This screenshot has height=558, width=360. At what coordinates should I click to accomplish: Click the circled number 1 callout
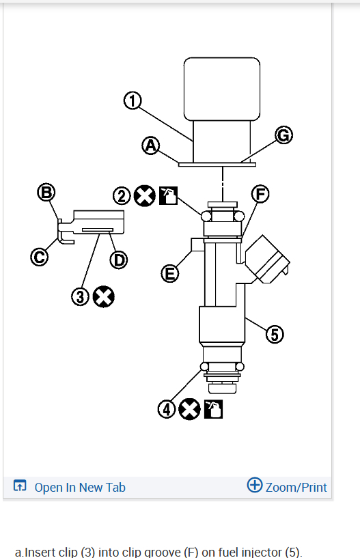click(133, 100)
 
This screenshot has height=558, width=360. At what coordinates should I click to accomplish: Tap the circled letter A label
click(150, 146)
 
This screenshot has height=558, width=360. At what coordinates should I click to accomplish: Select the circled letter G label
click(283, 135)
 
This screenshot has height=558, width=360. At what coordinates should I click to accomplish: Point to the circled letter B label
click(46, 192)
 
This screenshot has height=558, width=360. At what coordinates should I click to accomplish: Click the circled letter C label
click(39, 257)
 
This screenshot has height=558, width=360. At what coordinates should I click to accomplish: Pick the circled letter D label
click(119, 260)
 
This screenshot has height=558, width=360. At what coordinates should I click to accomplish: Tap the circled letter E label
click(170, 274)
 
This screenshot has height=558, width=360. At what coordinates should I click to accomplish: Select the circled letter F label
click(260, 194)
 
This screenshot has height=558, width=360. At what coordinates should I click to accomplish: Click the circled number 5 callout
click(275, 335)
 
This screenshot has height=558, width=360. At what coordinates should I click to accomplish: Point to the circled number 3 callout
click(80, 297)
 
